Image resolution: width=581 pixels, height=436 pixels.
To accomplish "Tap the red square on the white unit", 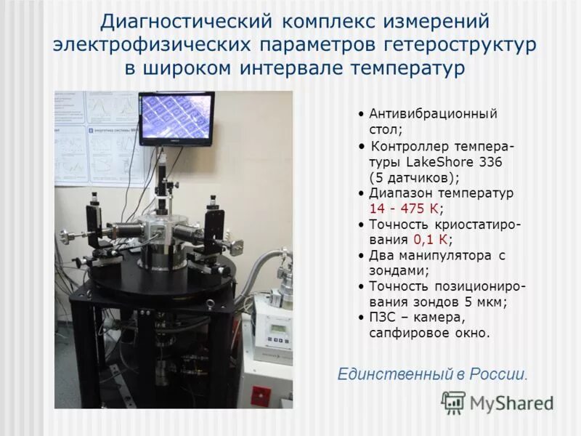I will point(260,397).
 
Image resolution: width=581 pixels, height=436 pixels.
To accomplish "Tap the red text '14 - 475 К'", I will point(405,209).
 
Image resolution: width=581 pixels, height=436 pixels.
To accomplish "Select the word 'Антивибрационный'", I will point(433,114).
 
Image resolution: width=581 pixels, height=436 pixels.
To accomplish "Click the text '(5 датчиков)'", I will point(413,177).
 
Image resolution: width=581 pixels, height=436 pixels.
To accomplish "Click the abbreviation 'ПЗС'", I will point(383,318).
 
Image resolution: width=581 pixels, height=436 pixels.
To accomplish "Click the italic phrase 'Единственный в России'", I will point(431,375).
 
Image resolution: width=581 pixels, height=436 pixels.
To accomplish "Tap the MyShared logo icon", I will point(453,402).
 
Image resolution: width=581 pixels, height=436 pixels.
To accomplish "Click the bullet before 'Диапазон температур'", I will point(362,194).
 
